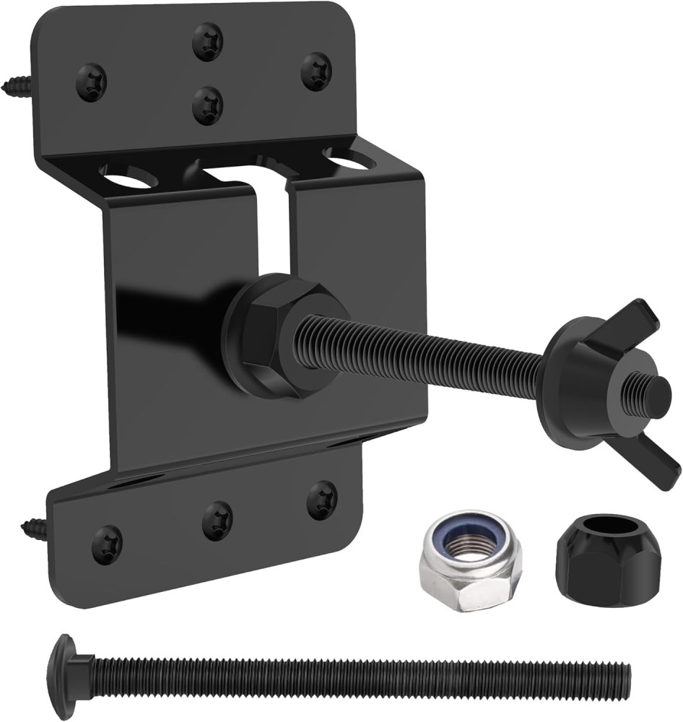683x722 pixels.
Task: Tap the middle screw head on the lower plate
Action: (217, 521)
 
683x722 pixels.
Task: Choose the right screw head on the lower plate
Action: (321, 500)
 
